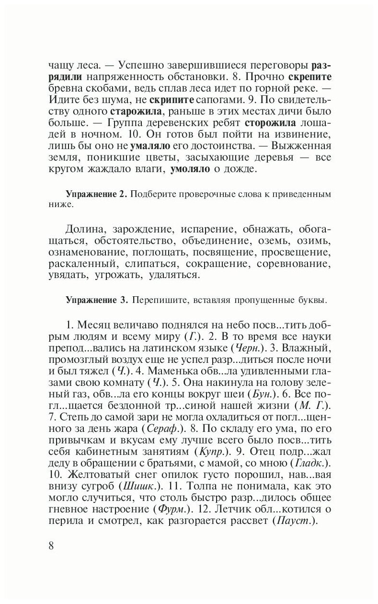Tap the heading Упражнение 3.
pos(95,301)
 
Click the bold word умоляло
pos(193,170)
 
